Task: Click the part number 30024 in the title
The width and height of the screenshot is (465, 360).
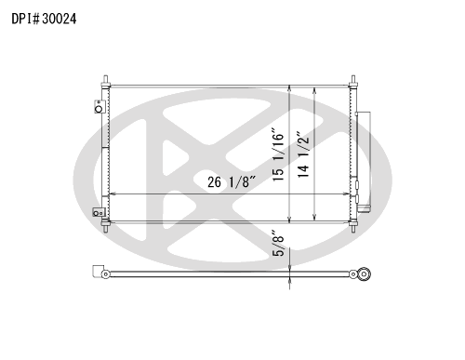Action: pyautogui.click(x=59, y=19)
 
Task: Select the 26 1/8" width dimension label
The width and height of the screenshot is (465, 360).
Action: pyautogui.click(x=232, y=182)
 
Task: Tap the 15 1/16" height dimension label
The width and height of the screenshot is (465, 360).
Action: pyautogui.click(x=278, y=154)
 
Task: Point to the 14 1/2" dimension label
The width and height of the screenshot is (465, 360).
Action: pyautogui.click(x=303, y=154)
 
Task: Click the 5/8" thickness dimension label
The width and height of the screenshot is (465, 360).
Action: pyautogui.click(x=278, y=243)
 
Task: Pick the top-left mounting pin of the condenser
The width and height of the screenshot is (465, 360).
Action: pyautogui.click(x=105, y=81)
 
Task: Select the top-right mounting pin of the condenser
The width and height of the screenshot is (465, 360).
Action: pyautogui.click(x=353, y=81)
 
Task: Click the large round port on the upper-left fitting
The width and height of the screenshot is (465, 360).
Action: pyautogui.click(x=99, y=109)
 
